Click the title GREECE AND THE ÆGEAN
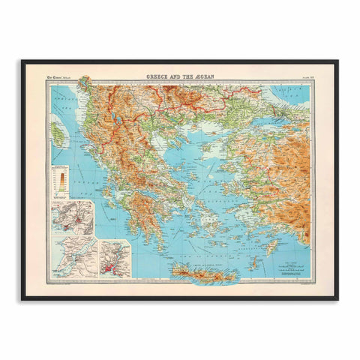tap(180, 75)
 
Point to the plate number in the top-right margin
tap(305, 76)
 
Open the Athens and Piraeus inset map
tap(73, 217)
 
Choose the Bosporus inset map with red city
tap(114, 259)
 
